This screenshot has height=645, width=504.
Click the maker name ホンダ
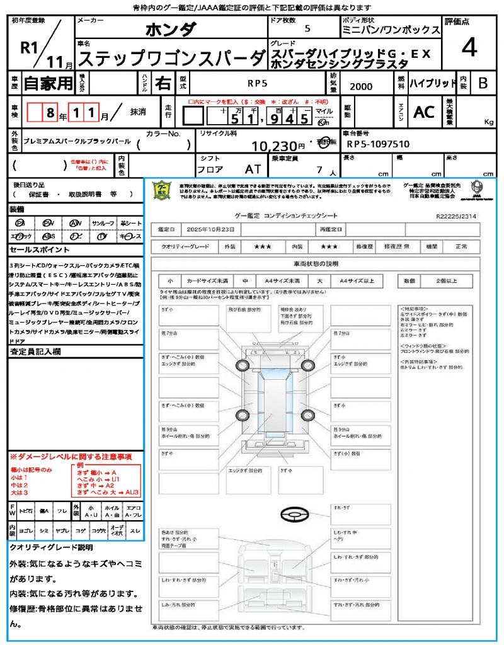click(x=171, y=30)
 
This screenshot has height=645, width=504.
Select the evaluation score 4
click(x=469, y=49)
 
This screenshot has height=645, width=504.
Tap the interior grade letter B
click(x=483, y=83)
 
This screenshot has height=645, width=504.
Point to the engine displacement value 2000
click(x=361, y=87)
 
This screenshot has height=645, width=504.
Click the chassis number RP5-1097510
click(x=378, y=144)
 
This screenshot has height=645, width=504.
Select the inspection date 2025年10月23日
click(x=214, y=229)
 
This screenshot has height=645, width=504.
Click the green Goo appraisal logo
click(x=162, y=190)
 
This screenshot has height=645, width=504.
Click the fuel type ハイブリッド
click(x=433, y=83)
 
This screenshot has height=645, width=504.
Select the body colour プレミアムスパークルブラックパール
click(x=76, y=144)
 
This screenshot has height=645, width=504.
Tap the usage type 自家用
click(x=49, y=83)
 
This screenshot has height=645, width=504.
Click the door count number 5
click(x=307, y=29)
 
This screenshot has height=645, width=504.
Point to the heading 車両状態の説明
click(x=316, y=263)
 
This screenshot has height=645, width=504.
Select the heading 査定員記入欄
click(x=35, y=351)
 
